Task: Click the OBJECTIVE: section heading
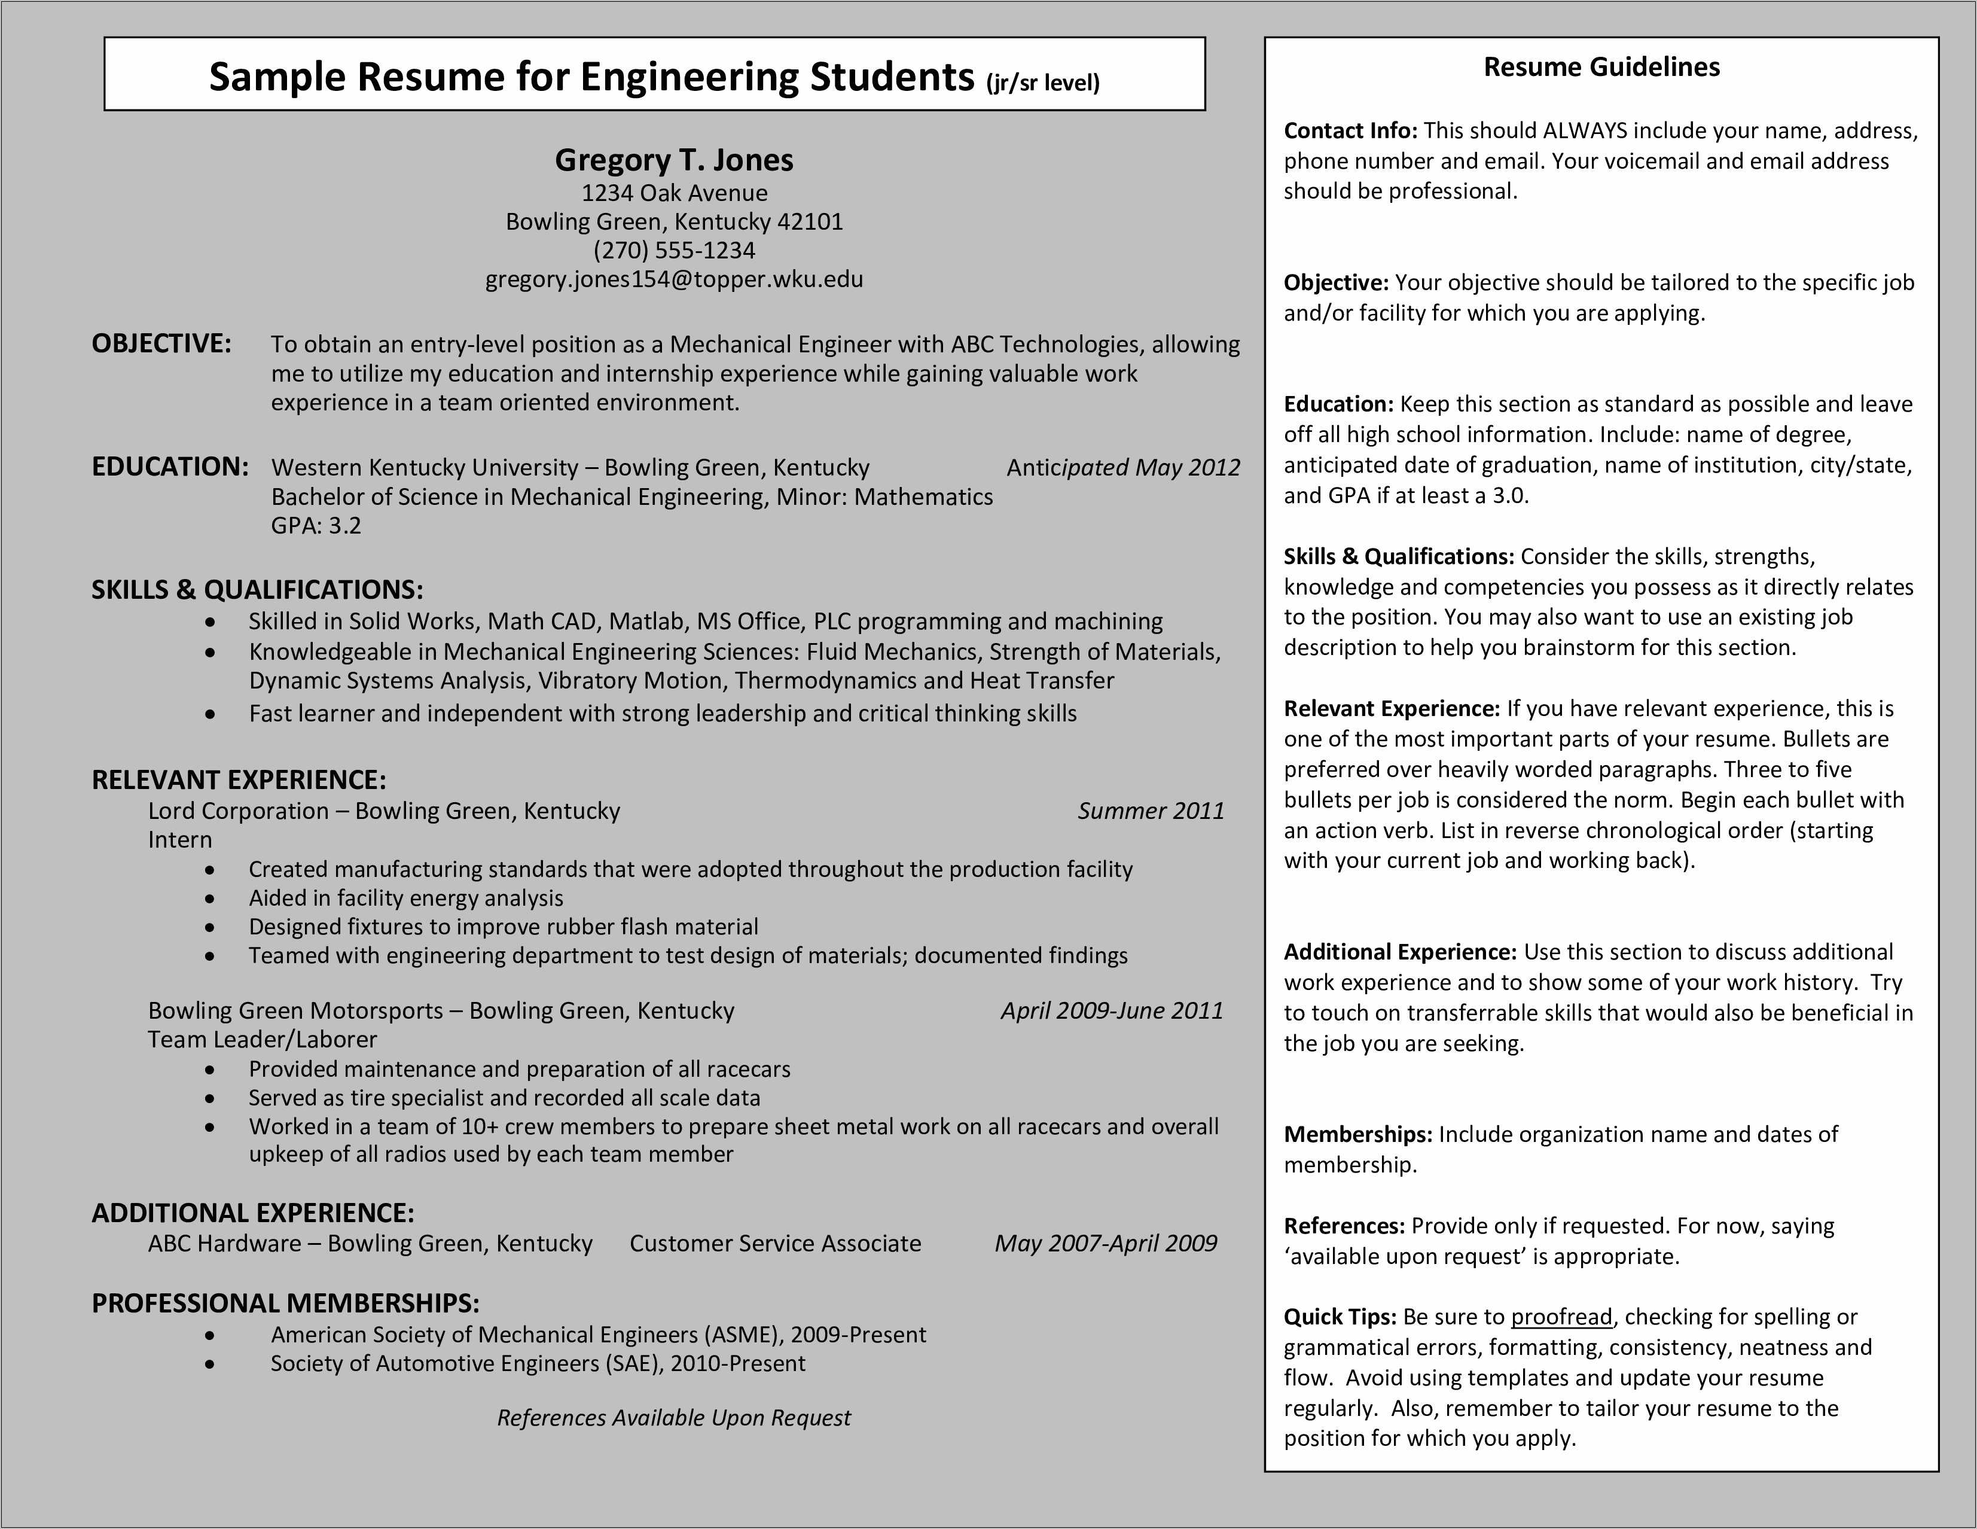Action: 161,344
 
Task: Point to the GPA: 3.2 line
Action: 316,526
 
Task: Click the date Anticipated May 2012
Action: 1122,467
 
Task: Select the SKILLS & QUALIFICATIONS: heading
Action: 257,590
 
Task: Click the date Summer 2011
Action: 1149,811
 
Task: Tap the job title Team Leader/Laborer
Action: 263,1039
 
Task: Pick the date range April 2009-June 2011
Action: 1112,1010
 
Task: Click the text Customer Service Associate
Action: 775,1243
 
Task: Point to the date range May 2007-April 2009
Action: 1105,1243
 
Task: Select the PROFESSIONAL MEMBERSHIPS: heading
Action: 285,1303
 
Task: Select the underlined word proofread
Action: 1561,1317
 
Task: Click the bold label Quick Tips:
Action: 1340,1317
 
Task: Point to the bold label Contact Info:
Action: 1350,131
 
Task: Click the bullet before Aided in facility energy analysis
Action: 210,899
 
